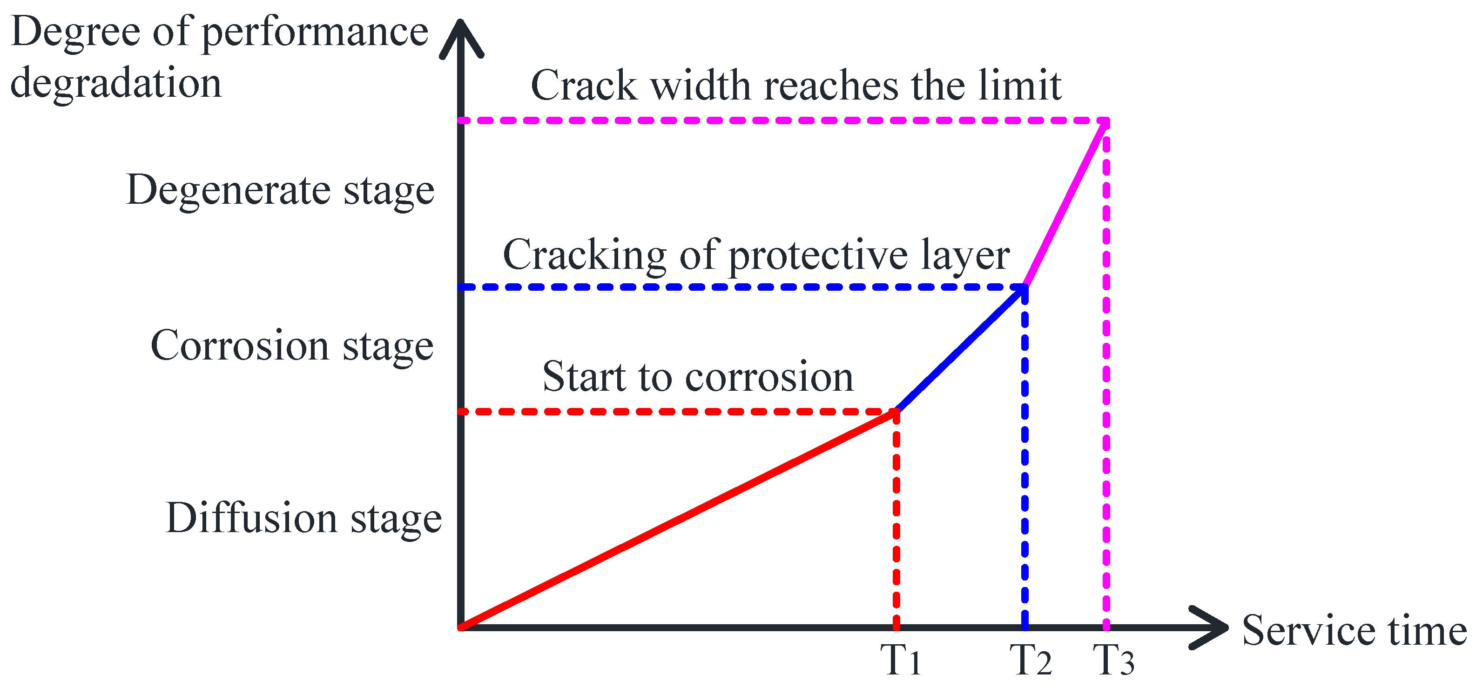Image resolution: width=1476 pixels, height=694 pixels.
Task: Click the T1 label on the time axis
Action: click(x=900, y=660)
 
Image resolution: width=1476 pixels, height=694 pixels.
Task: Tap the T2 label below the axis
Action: click(x=1030, y=660)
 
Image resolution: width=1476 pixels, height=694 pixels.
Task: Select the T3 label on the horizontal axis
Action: click(x=1113, y=660)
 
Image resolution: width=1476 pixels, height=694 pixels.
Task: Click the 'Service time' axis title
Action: click(x=1354, y=630)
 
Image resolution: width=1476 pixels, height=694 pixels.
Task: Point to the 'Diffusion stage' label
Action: click(x=303, y=518)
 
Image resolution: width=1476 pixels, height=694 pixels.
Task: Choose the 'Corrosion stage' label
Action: click(x=292, y=346)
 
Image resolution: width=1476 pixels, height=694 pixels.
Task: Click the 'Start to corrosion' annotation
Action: click(x=697, y=377)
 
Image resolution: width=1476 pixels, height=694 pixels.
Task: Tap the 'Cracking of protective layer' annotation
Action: click(x=756, y=255)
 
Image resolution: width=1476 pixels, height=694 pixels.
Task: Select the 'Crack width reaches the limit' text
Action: click(x=796, y=85)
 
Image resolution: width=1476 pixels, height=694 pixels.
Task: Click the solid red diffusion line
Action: click(x=676, y=520)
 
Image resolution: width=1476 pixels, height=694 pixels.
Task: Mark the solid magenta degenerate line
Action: click(x=1066, y=203)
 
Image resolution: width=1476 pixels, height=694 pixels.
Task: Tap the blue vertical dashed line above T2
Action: click(x=1025, y=458)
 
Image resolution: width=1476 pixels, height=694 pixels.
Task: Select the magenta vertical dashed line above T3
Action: click(x=1106, y=372)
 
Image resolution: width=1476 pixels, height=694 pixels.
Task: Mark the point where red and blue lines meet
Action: click(x=896, y=411)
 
